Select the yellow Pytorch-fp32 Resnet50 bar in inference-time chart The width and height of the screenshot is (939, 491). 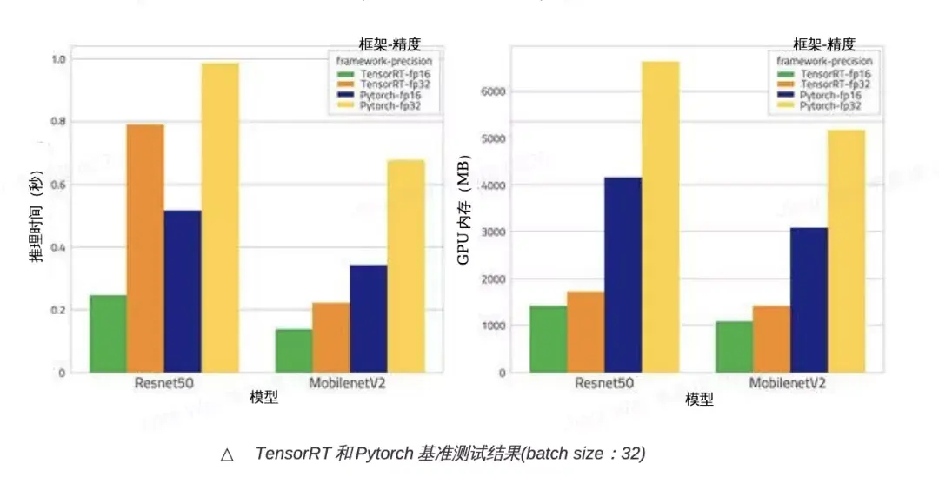point(219,218)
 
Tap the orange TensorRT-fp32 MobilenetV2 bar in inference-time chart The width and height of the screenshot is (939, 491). point(330,337)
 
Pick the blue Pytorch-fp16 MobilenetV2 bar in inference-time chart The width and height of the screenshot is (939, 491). point(368,318)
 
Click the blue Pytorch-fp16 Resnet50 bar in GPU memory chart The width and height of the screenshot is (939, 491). point(623,274)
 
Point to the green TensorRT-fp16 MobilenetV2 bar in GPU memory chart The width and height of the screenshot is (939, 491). point(734,346)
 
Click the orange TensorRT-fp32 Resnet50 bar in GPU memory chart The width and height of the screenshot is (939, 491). point(585,332)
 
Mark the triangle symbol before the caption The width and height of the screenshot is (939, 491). point(227,454)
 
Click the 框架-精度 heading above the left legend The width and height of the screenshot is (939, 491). point(390,44)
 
